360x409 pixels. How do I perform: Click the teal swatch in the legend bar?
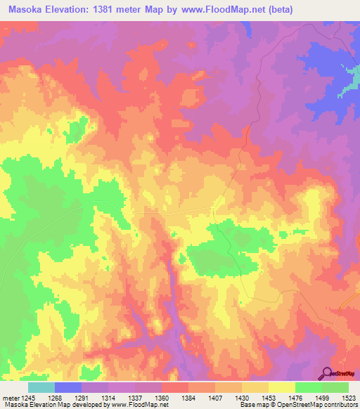[x=41, y=387]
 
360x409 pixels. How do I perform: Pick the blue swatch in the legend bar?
[x=68, y=387]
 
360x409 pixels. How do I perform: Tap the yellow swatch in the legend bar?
[x=282, y=387]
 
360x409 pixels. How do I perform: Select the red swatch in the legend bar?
[x=175, y=387]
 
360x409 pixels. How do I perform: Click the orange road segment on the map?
[x=347, y=299]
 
